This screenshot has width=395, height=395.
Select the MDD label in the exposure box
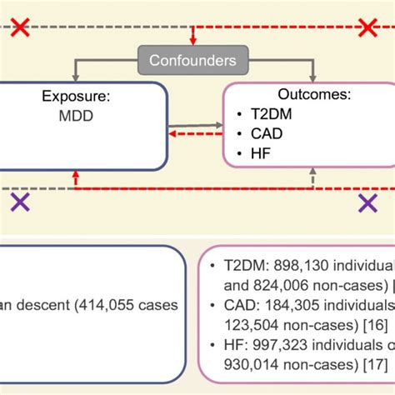click(68, 117)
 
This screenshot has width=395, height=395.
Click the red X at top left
click(20, 28)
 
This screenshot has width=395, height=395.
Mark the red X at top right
click(367, 28)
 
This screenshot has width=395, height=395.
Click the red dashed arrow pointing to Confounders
click(192, 37)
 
